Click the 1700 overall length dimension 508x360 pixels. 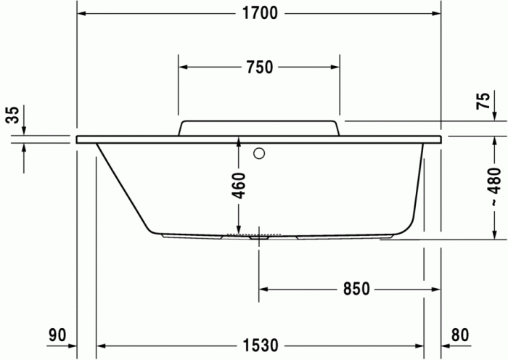pyautogui.click(x=258, y=14)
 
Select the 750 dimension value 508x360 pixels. pyautogui.click(x=258, y=67)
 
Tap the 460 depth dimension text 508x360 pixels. pyautogui.click(x=238, y=187)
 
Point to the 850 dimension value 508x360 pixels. pyautogui.click(x=356, y=289)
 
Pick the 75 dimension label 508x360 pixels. pyautogui.click(x=483, y=102)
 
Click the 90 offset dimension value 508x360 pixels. pyautogui.click(x=57, y=335)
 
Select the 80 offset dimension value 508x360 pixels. pyautogui.click(x=460, y=335)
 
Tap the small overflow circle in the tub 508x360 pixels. pyautogui.click(x=259, y=153)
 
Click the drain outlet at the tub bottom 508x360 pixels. pyautogui.click(x=257, y=236)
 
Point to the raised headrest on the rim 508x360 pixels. pyautogui.click(x=258, y=127)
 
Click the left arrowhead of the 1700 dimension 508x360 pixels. pyautogui.click(x=81, y=14)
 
